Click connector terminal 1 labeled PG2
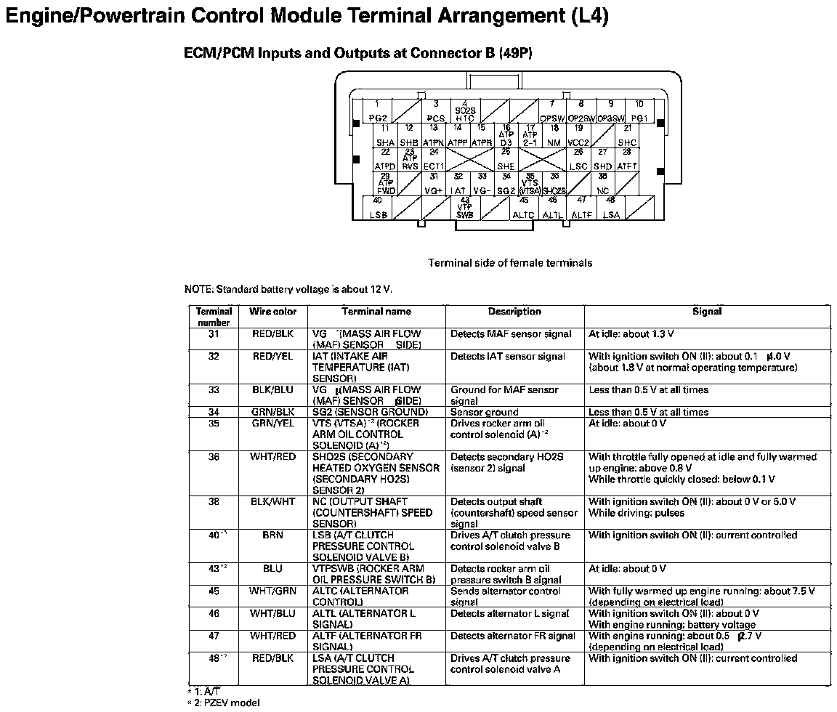click(377, 110)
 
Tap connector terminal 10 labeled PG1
click(639, 110)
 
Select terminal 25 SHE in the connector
click(506, 159)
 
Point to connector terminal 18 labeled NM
click(554, 136)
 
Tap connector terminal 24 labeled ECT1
click(434, 159)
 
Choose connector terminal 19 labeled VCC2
click(578, 136)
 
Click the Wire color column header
click(273, 312)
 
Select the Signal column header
click(707, 312)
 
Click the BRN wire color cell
click(273, 535)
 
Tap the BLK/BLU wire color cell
click(273, 389)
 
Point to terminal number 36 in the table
click(214, 456)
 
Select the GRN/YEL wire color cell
click(273, 423)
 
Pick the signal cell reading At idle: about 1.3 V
click(631, 334)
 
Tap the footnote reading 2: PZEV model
click(225, 703)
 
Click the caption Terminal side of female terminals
click(510, 263)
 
